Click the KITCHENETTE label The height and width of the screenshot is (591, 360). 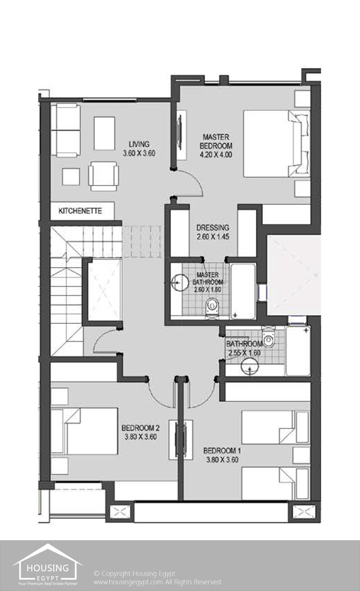(x=80, y=211)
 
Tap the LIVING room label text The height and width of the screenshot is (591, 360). (x=139, y=144)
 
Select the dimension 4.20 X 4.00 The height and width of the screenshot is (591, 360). (x=216, y=155)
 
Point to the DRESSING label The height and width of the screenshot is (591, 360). (x=213, y=228)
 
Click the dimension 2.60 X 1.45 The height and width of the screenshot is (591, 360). (x=213, y=237)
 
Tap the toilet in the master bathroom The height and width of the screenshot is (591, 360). (x=212, y=307)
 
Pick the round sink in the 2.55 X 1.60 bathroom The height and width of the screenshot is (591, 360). (x=250, y=366)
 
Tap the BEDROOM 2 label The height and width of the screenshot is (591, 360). (x=140, y=428)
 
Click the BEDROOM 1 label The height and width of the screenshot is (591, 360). (x=222, y=451)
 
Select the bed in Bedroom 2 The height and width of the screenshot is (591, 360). (x=84, y=431)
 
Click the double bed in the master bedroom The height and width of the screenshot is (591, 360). (x=276, y=143)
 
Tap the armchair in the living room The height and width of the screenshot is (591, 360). (x=103, y=176)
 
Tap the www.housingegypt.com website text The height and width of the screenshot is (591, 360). (x=128, y=582)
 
